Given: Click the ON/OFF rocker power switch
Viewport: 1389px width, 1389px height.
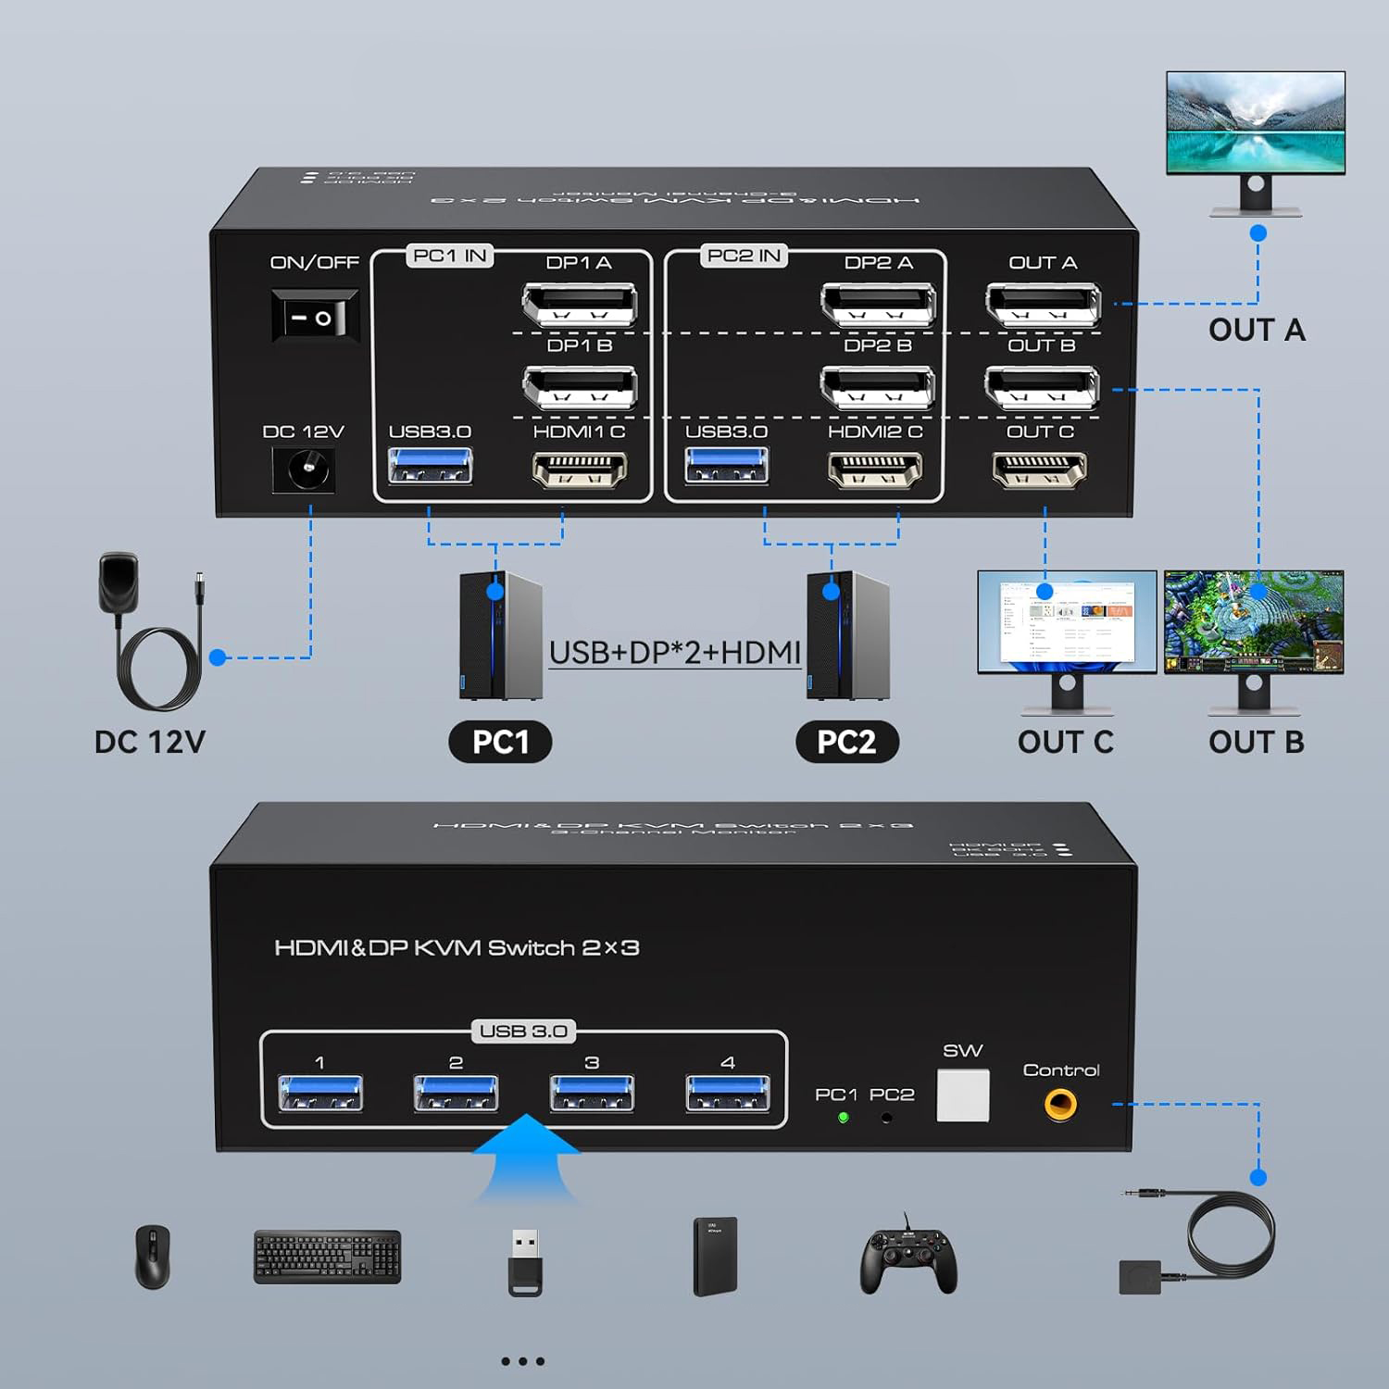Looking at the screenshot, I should click(x=315, y=318).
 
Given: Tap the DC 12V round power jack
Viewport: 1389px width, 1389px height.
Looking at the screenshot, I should click(x=303, y=469).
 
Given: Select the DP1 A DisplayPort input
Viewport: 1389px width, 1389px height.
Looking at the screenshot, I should click(x=580, y=304).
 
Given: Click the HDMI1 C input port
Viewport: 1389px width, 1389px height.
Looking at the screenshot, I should click(x=580, y=469).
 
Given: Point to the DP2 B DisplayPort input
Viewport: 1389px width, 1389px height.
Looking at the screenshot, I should click(x=877, y=387).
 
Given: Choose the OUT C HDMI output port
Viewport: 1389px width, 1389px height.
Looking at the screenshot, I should click(x=1039, y=469).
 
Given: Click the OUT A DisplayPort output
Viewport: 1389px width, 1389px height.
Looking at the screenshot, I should click(x=1043, y=304).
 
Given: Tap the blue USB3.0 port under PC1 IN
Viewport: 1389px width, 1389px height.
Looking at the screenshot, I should click(x=431, y=466).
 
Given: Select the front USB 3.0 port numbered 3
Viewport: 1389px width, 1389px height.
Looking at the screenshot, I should click(x=592, y=1093).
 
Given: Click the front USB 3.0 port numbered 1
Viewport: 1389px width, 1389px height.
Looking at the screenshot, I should click(x=320, y=1093).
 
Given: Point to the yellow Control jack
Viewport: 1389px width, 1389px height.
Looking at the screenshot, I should click(x=1060, y=1104).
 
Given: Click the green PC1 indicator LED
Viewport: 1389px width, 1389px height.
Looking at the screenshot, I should click(x=844, y=1118).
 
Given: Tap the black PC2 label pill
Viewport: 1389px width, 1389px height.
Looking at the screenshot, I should click(x=846, y=742).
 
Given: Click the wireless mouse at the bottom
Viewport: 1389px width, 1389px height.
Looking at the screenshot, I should click(x=153, y=1257).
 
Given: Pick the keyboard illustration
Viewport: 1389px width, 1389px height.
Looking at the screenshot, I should click(x=328, y=1257).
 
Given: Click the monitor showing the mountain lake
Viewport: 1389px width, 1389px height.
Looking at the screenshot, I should click(x=1255, y=122).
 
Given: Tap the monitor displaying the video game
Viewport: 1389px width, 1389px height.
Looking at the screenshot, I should click(x=1254, y=621).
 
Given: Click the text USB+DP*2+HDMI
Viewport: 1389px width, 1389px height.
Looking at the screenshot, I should click(x=674, y=653).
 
